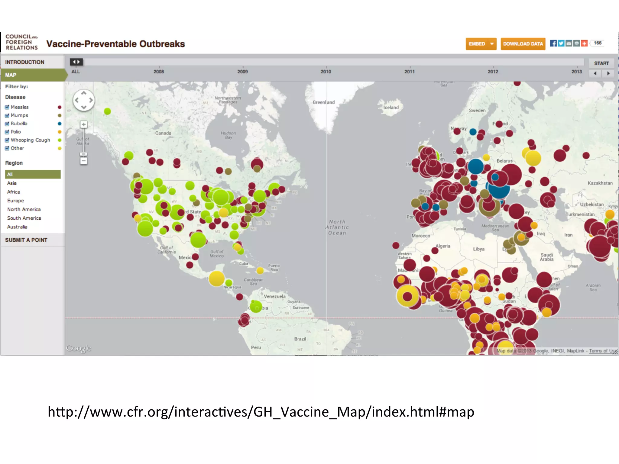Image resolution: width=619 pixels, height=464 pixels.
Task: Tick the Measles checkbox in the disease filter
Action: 7,107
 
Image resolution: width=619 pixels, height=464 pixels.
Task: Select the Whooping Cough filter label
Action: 30,140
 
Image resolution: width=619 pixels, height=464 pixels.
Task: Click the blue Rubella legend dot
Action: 60,124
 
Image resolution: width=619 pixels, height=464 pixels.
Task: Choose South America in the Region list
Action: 24,218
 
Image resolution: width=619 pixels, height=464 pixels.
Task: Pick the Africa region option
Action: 14,192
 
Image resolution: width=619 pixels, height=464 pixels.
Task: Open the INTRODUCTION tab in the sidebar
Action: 25,62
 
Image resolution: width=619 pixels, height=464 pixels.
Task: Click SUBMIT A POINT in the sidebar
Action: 26,240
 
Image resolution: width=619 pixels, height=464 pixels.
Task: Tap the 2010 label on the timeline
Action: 326,72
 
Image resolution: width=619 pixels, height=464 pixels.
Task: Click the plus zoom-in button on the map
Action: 84,124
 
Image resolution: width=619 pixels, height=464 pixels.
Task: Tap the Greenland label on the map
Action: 323,102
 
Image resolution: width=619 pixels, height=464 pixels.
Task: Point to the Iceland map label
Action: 391,108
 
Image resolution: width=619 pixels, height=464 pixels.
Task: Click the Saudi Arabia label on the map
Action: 546,257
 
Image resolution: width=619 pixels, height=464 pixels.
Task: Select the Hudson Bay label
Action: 228,135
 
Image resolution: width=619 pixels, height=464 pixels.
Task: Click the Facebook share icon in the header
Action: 553,43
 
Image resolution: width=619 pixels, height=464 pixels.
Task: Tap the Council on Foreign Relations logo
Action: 21,42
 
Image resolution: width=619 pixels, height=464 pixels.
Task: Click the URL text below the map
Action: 261,412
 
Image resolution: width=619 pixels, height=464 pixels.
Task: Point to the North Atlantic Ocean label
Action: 337,227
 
